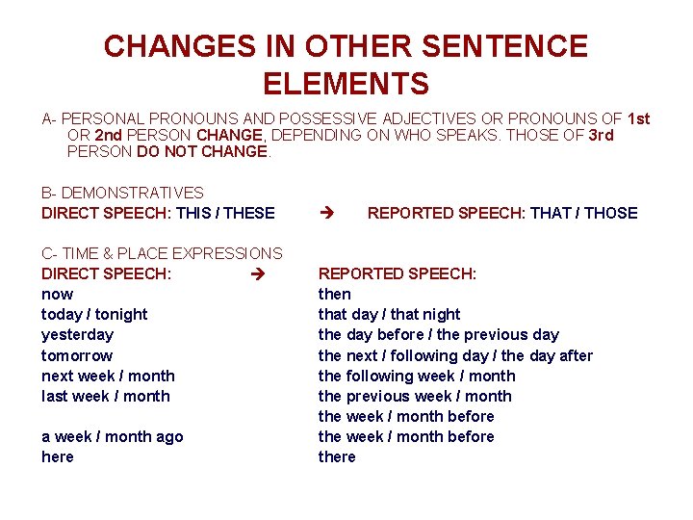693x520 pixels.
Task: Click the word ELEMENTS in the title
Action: click(346, 84)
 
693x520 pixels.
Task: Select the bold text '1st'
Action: click(638, 119)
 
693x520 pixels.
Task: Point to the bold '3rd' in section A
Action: click(600, 136)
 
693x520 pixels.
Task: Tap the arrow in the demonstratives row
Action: click(324, 213)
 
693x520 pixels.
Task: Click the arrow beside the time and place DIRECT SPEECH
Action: click(255, 273)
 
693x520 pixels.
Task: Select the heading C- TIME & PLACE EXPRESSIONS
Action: click(162, 253)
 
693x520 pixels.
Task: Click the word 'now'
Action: click(57, 294)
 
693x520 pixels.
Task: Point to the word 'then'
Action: click(335, 294)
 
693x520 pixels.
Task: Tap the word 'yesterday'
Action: click(77, 334)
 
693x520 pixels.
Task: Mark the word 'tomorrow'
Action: click(77, 355)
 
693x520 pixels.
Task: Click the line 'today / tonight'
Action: click(94, 314)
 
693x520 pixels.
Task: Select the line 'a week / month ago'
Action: click(112, 436)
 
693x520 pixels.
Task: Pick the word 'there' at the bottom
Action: click(337, 456)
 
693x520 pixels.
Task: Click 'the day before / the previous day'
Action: click(438, 334)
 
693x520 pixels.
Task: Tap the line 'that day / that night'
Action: click(389, 314)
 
